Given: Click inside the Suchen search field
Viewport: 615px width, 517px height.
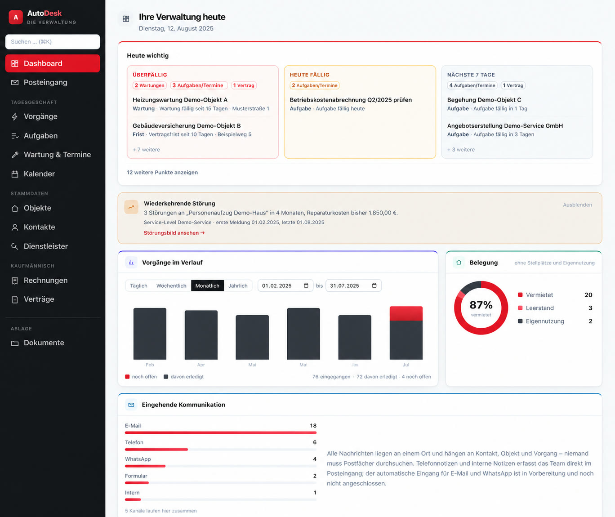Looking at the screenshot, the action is coord(53,41).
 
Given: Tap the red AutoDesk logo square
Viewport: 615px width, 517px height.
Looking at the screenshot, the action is coord(16,17).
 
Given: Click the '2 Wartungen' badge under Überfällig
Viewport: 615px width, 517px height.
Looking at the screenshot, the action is coord(150,85).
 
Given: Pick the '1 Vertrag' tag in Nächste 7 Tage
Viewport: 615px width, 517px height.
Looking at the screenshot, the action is coord(513,85).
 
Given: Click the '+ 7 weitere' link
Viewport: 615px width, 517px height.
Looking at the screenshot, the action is coord(146,150).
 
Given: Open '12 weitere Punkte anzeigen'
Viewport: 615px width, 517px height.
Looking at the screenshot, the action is coord(162,172).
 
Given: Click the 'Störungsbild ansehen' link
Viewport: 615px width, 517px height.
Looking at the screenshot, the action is coord(174,233).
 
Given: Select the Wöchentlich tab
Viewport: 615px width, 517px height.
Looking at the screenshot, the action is coord(171,286).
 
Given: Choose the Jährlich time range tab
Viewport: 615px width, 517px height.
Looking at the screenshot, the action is coord(238,286).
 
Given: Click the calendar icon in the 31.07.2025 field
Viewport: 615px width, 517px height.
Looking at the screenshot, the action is coord(374,285).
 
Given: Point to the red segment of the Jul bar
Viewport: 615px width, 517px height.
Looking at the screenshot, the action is coord(406,313).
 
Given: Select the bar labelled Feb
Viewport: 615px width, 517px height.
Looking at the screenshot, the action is coord(150,334).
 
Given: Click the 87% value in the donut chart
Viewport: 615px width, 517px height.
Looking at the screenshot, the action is coord(481,305).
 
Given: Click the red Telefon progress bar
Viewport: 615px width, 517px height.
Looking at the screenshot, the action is coord(156,450).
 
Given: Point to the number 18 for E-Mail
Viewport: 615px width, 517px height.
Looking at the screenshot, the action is coord(313,426).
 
